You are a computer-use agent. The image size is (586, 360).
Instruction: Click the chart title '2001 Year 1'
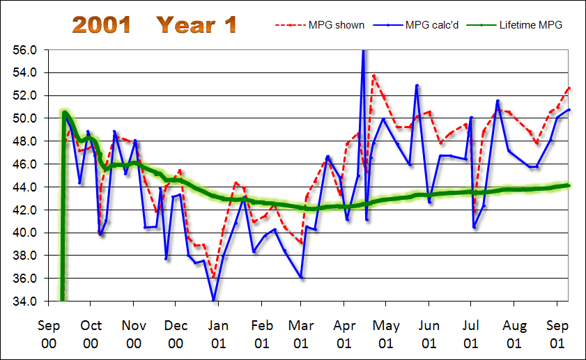point(154,25)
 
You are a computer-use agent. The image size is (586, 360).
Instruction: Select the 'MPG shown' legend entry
point(336,25)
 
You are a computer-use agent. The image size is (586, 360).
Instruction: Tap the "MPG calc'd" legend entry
point(431,25)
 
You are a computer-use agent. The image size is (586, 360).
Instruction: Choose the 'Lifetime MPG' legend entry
point(530,25)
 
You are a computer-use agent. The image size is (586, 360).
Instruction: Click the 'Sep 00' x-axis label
point(48,334)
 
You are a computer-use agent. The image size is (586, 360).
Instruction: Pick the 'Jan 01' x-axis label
point(218,334)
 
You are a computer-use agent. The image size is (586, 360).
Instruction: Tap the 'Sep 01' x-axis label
point(557,334)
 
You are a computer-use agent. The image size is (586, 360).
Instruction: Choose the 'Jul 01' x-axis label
point(471,334)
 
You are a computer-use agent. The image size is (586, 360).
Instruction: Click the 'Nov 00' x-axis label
point(133,334)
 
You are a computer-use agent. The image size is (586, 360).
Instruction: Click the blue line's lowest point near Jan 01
point(213,300)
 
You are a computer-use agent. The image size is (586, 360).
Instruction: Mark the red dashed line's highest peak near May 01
point(374,76)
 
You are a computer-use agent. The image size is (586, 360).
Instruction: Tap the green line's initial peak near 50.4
point(64,113)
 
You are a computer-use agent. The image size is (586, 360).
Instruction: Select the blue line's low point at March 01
point(301,277)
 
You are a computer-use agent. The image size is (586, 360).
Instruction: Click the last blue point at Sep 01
point(569,110)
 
